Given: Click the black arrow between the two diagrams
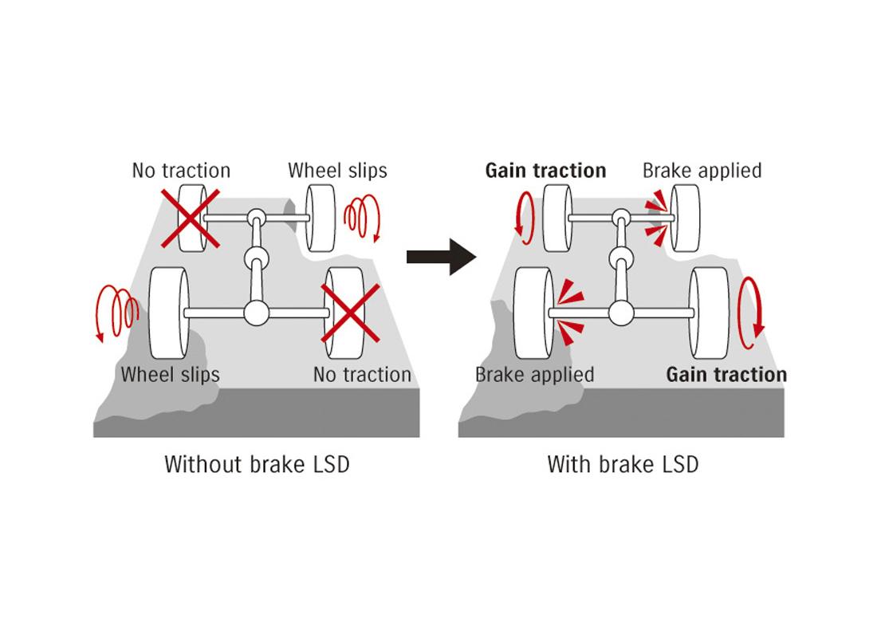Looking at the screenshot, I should (441, 256).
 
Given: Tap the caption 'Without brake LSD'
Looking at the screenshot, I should (257, 464).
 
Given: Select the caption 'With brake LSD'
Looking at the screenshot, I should (622, 464).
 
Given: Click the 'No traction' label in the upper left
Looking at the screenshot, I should (181, 171).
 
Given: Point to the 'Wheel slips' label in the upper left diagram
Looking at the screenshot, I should (337, 171).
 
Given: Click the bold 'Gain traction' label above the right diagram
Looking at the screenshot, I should (545, 171).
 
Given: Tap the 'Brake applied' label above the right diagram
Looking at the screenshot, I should (702, 171).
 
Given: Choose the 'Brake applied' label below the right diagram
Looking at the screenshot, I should (534, 374).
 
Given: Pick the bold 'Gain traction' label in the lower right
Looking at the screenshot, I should (726, 374).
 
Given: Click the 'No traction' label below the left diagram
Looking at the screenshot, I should (362, 374).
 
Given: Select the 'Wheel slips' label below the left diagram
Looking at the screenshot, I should (170, 374).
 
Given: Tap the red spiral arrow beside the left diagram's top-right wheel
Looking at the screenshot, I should (362, 219).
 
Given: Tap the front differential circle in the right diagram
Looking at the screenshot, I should (620, 217).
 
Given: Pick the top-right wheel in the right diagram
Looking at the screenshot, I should (685, 217).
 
